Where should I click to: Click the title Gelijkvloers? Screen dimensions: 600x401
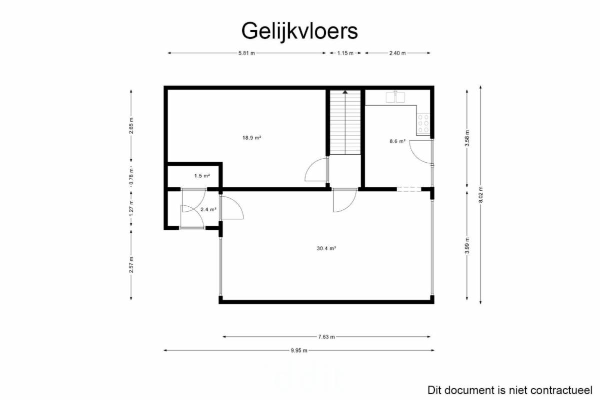(x=299, y=32)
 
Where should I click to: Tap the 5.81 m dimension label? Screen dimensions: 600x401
(x=246, y=53)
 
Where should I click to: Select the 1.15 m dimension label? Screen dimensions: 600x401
(x=345, y=53)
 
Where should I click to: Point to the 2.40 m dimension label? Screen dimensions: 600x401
(x=397, y=53)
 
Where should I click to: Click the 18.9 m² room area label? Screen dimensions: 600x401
(x=251, y=138)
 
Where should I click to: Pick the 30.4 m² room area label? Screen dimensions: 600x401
(x=326, y=248)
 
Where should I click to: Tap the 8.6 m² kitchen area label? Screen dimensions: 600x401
(x=397, y=141)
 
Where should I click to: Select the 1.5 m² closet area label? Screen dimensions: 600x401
(x=202, y=176)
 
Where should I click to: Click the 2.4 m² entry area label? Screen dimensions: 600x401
(x=208, y=209)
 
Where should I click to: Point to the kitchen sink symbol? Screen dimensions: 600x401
(x=395, y=97)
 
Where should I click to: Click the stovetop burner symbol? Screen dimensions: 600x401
(x=423, y=124)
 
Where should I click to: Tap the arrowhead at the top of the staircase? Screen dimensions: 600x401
(x=345, y=92)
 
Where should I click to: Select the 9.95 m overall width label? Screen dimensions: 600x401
(x=299, y=350)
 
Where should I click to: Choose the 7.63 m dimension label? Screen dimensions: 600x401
(x=326, y=336)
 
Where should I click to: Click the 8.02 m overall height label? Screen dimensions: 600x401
(x=480, y=195)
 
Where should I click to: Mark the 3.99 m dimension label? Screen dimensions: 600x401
(x=467, y=245)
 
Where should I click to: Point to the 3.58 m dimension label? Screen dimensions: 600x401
(x=467, y=138)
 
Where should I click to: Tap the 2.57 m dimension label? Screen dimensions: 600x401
(x=131, y=265)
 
